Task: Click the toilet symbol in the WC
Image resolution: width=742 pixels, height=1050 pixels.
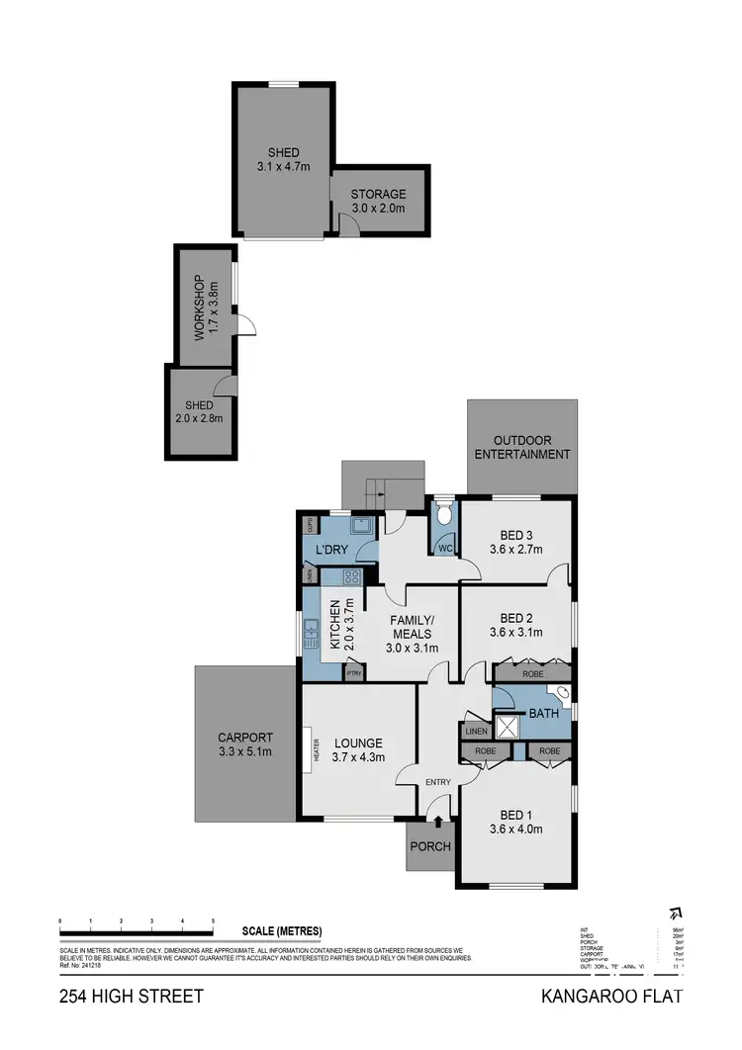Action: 444,514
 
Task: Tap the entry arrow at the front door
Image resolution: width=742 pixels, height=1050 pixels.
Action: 438,819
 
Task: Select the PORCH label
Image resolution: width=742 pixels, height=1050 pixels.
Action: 430,846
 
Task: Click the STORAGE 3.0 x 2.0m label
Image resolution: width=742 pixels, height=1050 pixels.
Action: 378,202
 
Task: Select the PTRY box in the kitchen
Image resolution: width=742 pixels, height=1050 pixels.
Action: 354,673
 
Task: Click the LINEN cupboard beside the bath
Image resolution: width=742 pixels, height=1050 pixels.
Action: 475,732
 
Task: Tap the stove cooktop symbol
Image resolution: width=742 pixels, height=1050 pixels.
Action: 352,576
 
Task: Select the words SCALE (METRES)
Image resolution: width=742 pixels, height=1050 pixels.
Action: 282,930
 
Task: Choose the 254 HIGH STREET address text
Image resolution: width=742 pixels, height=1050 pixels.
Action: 131,996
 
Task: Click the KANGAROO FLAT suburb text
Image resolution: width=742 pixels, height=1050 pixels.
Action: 611,996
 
